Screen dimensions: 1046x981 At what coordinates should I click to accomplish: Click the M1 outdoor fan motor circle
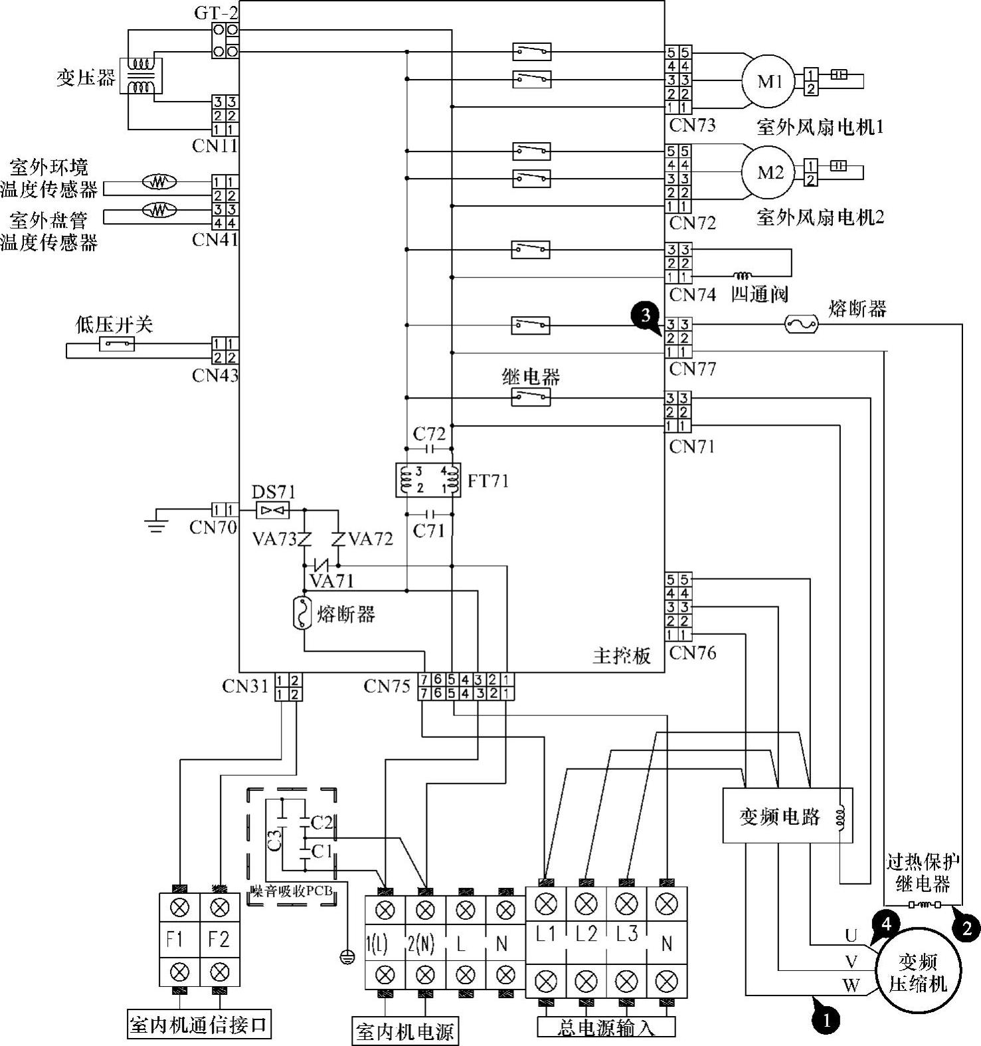click(x=768, y=81)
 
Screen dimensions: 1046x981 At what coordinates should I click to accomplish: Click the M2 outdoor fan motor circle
click(x=770, y=173)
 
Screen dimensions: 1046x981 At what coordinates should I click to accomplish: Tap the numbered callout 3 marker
click(x=646, y=315)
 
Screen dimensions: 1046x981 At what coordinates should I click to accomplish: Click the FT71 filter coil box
click(x=428, y=480)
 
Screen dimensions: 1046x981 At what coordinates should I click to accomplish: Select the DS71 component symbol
click(x=273, y=510)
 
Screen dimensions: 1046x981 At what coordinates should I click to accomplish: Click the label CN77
click(x=693, y=369)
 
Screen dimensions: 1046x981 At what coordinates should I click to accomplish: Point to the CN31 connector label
click(x=245, y=686)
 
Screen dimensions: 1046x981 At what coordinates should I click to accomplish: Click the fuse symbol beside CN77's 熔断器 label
click(x=802, y=324)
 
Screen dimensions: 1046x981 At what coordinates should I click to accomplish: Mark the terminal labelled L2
click(x=586, y=933)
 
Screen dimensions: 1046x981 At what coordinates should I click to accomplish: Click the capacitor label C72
click(x=429, y=434)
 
